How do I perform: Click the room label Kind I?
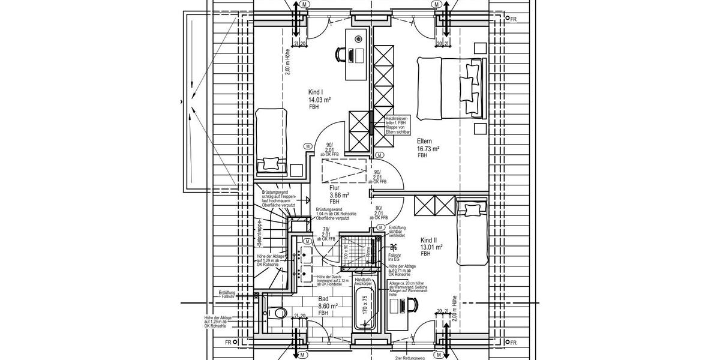tap(316, 92)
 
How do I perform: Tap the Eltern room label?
tap(425, 141)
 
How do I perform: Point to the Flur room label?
tap(335, 188)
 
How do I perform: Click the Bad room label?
tap(323, 298)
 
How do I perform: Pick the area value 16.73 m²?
tap(428, 148)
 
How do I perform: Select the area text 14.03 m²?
tap(320, 100)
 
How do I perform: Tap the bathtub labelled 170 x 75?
tap(365, 308)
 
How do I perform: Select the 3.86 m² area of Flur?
tap(340, 195)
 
